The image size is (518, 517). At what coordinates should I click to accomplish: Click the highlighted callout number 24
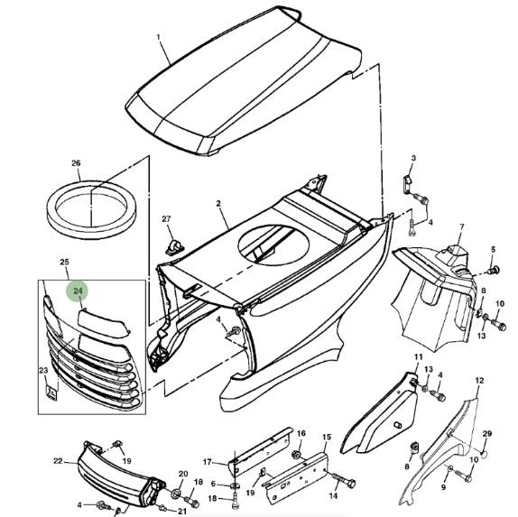coord(79,291)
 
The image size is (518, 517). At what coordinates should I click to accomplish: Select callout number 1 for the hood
coord(159,37)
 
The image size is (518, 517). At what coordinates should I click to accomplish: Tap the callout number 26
coord(76,163)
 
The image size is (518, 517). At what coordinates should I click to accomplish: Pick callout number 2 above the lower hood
coord(218,204)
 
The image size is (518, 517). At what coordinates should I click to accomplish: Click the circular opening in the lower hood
coord(273,245)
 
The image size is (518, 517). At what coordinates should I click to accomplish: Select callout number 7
coord(462,227)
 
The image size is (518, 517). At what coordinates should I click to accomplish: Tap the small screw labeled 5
coord(494,271)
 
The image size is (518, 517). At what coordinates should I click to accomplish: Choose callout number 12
coord(480,381)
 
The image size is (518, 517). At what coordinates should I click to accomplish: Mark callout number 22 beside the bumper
coord(58,461)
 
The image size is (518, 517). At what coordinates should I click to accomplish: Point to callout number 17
coord(208,462)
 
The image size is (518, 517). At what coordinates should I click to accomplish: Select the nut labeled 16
coord(297,455)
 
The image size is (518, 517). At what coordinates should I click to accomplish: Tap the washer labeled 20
coord(176,494)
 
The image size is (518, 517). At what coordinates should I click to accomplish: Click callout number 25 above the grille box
coord(64,262)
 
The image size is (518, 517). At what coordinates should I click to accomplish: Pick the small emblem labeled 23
coord(51,393)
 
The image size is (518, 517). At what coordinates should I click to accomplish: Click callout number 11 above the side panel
coord(418,356)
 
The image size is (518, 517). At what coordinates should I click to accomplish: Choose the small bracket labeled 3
coord(407,182)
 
